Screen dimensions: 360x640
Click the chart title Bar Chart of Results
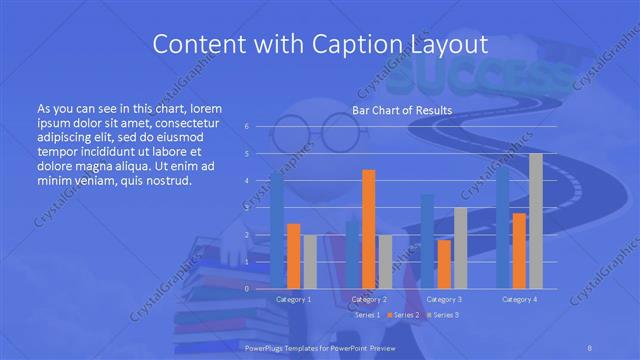pyautogui.click(x=402, y=111)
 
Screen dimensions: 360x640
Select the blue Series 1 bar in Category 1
pyautogui.click(x=277, y=230)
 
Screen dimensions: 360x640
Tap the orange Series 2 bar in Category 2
pyautogui.click(x=369, y=229)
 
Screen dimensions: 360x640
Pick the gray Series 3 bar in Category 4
pyautogui.click(x=536, y=221)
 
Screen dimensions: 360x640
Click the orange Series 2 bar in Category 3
pyautogui.click(x=444, y=264)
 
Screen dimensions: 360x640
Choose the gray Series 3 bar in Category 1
pyautogui.click(x=309, y=261)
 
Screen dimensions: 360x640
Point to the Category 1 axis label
pyautogui.click(x=293, y=299)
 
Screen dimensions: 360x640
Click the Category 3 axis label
pyautogui.click(x=444, y=299)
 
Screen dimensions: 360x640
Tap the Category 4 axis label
pyautogui.click(x=520, y=299)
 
